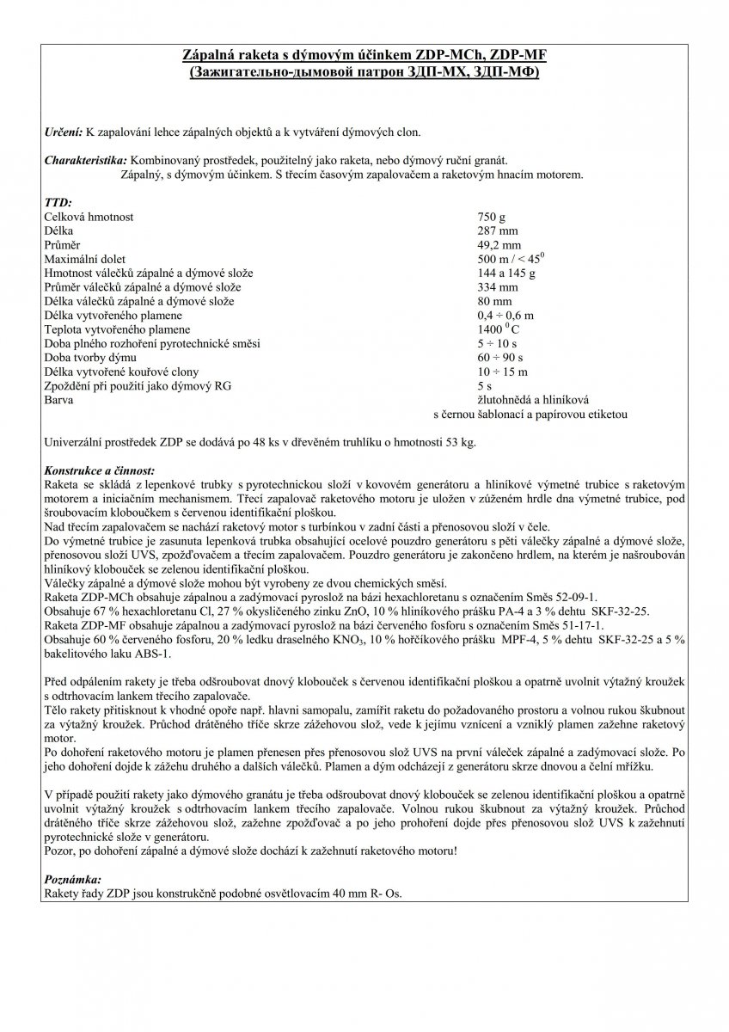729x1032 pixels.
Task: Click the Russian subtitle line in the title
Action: click(x=364, y=74)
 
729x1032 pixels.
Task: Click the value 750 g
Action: click(x=493, y=218)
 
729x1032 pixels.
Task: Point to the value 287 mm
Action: click(x=496, y=231)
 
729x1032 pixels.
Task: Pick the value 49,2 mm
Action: click(x=499, y=245)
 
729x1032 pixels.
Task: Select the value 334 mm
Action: click(x=498, y=286)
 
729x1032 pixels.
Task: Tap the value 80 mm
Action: click(x=494, y=301)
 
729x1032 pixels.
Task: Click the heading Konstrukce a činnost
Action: click(x=99, y=470)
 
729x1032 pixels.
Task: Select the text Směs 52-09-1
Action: click(x=568, y=595)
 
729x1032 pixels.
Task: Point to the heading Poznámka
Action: click(x=72, y=880)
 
